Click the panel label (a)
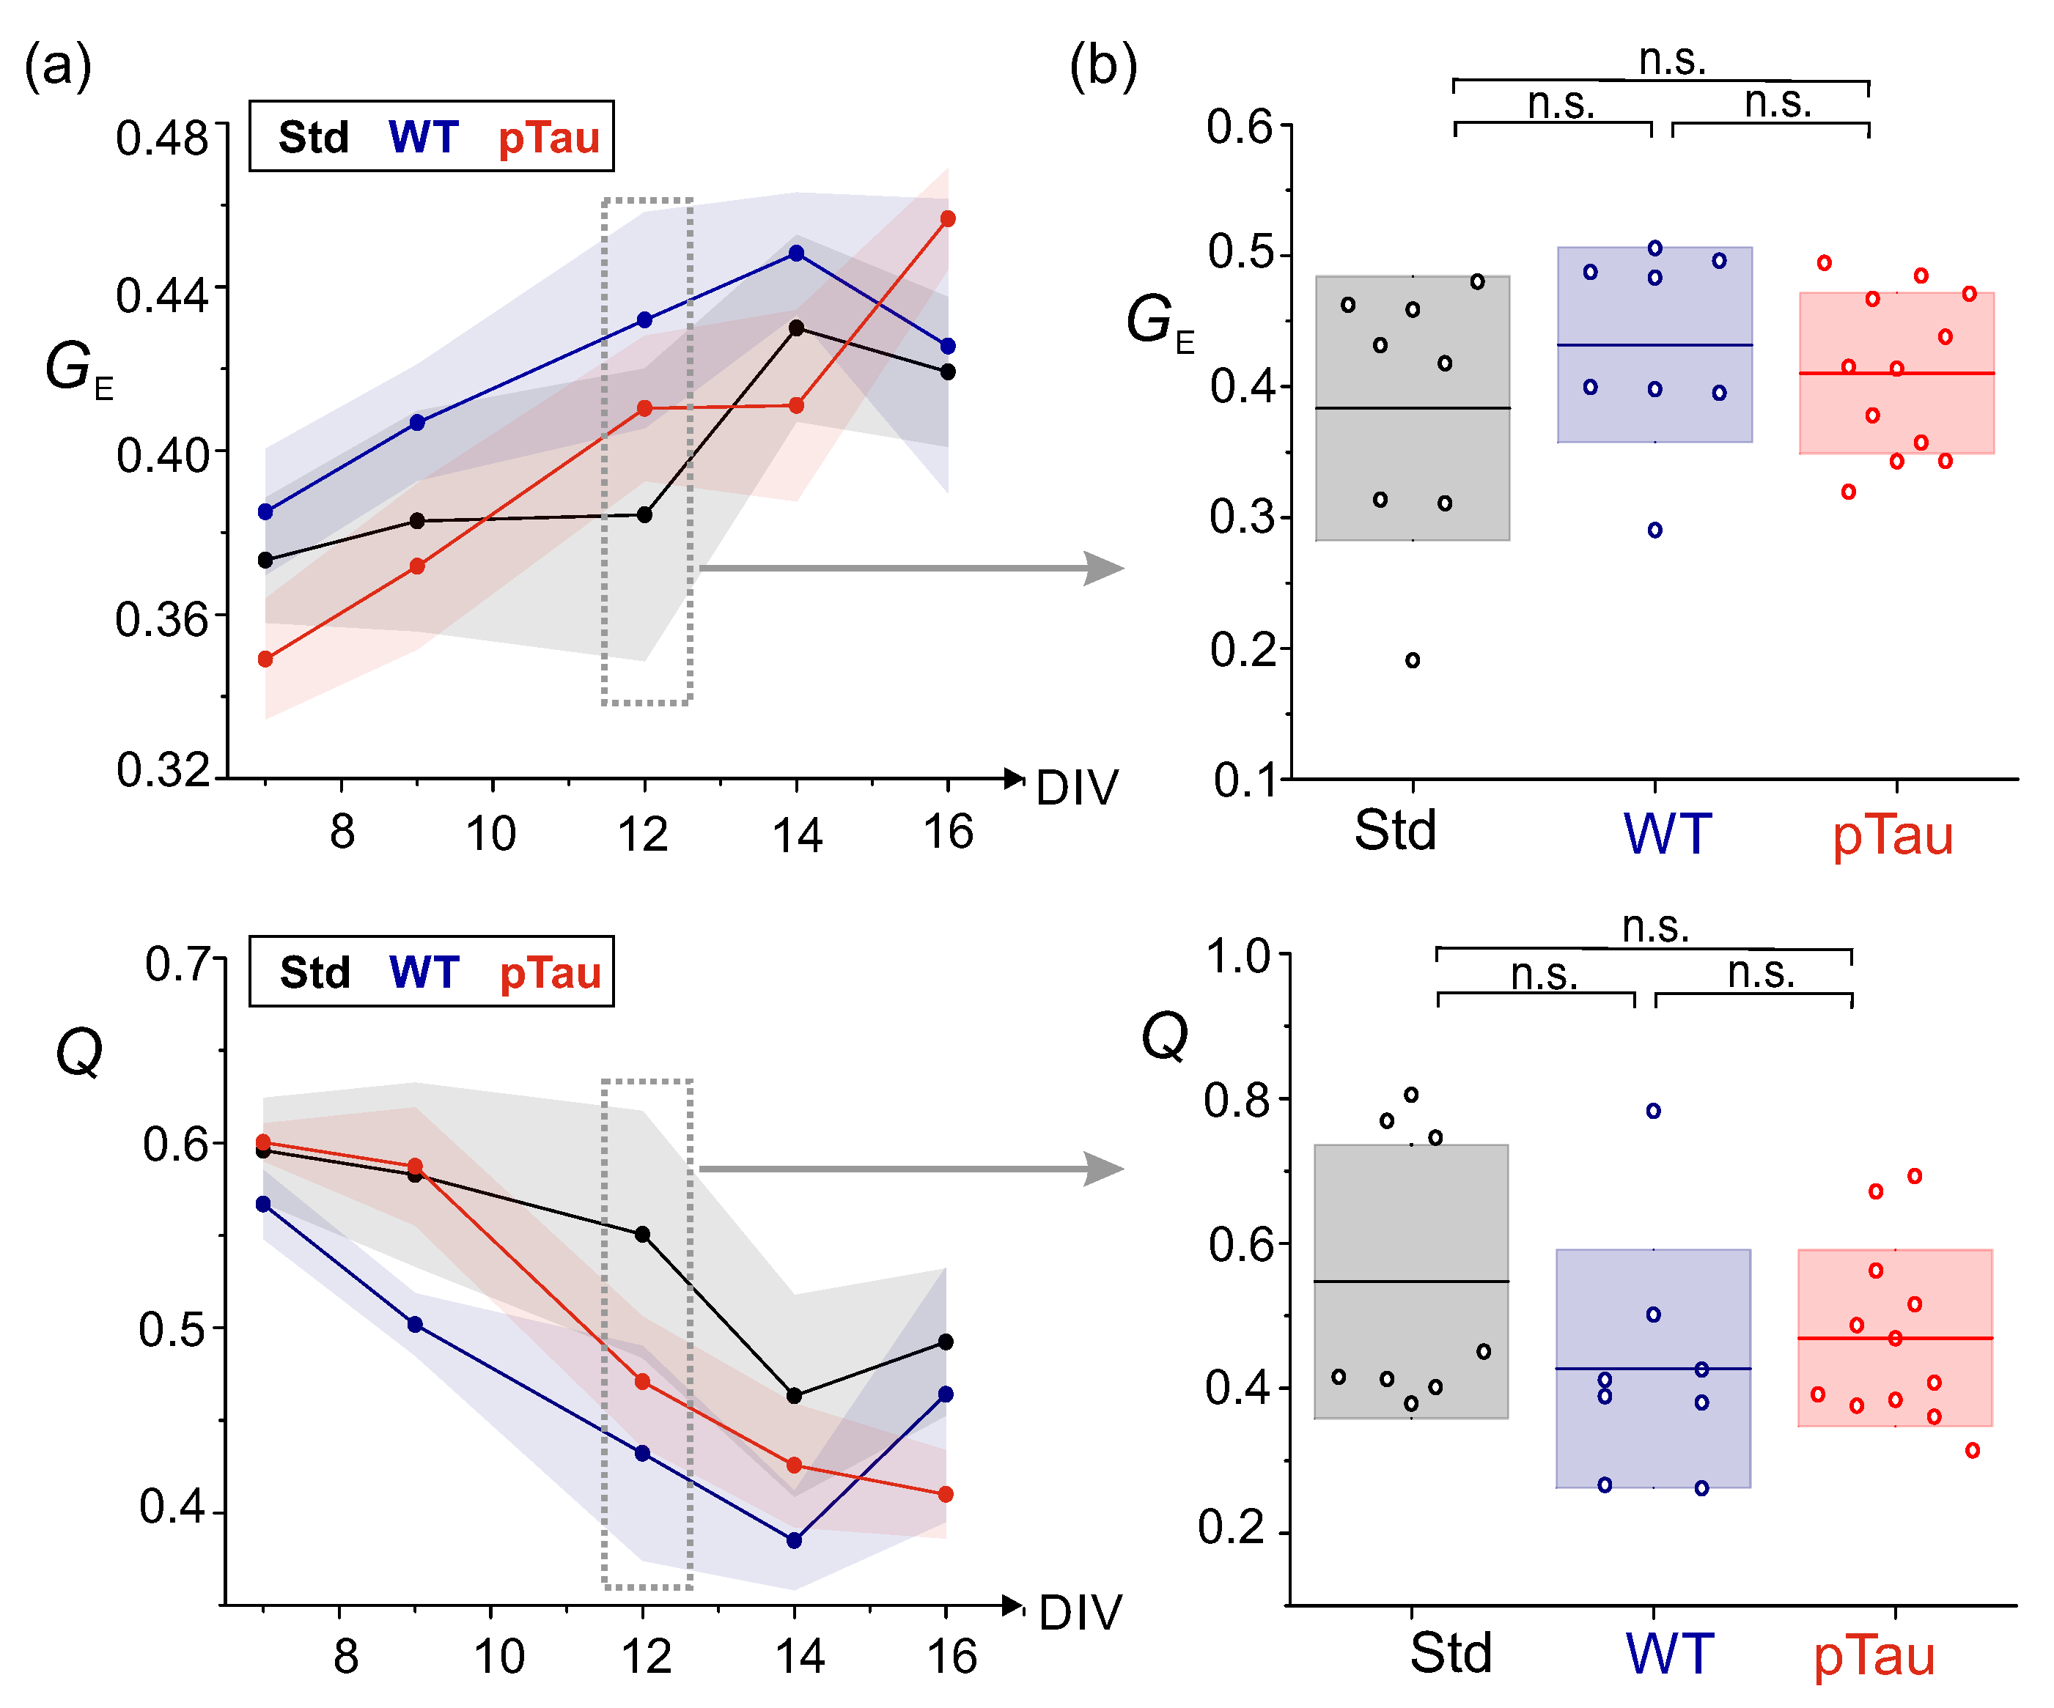pos(58,67)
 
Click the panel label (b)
pos(1103,67)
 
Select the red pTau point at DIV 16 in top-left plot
pos(948,219)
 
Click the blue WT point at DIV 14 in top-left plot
pos(796,254)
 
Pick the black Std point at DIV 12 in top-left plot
pos(644,514)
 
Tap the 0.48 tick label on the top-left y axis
pos(161,138)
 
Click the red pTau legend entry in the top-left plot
pos(549,137)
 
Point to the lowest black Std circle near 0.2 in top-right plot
pos(1413,660)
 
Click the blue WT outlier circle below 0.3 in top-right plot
pos(1655,530)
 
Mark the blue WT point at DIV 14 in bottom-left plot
pos(794,1540)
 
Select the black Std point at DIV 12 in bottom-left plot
pos(643,1234)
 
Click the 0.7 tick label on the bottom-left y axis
pos(177,964)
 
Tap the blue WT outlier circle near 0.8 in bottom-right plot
pos(1653,1111)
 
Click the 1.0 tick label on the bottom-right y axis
pos(1237,956)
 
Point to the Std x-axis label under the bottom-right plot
pos(1451,1652)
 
